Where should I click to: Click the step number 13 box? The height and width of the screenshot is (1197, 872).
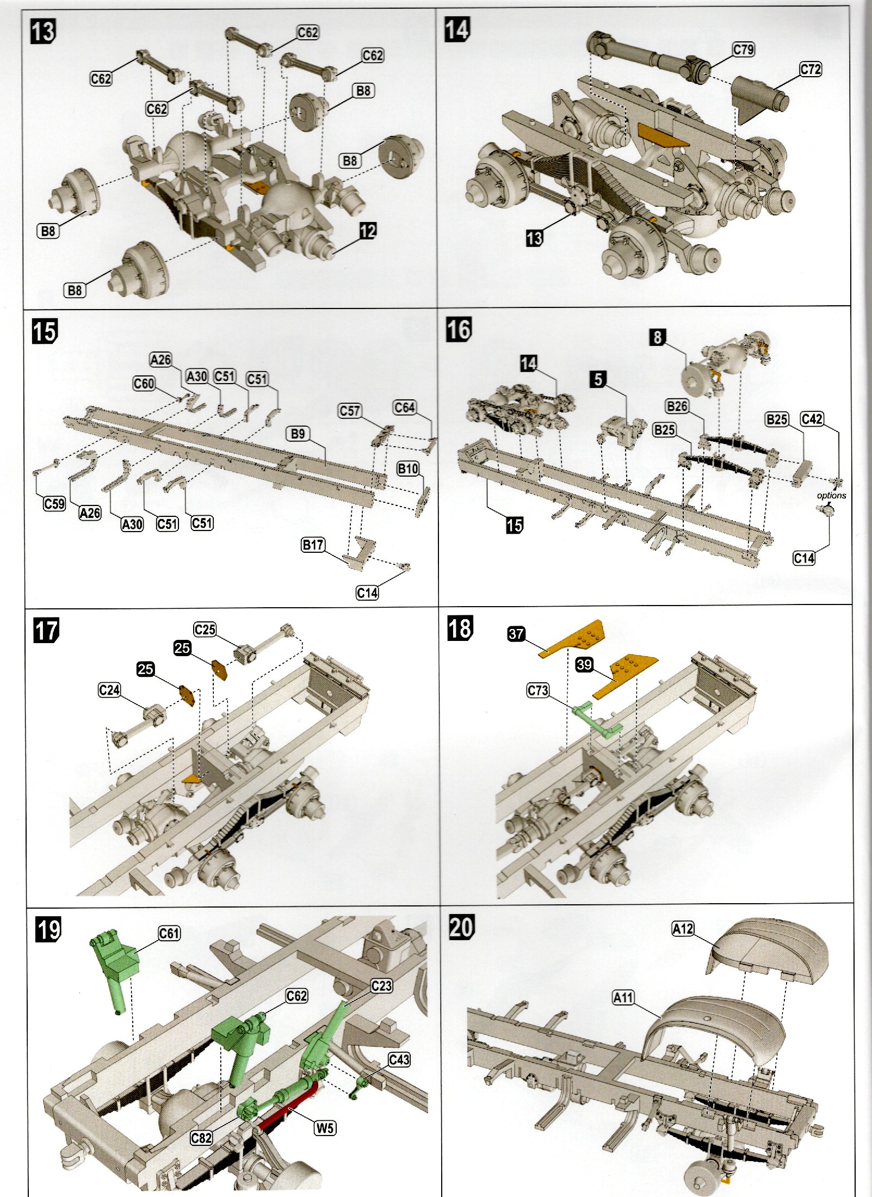(x=42, y=32)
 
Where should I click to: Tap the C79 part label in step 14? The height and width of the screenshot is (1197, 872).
(x=743, y=50)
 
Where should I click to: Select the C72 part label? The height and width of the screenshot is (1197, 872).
(x=810, y=70)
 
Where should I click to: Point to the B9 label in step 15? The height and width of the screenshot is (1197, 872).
(x=298, y=434)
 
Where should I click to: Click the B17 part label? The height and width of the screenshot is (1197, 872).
(x=313, y=545)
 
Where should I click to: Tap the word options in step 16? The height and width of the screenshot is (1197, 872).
(x=831, y=495)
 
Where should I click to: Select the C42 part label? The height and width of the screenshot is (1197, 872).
(x=812, y=419)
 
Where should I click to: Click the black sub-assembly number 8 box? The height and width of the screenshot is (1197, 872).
(x=658, y=337)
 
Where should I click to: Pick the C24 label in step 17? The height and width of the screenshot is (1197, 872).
(x=109, y=690)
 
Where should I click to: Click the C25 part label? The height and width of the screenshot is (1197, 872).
(x=205, y=630)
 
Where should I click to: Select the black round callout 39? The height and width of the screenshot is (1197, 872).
(x=584, y=664)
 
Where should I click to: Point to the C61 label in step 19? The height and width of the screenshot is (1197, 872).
(x=169, y=934)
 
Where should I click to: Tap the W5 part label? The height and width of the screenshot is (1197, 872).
(x=325, y=1128)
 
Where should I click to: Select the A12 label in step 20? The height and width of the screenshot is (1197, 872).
(x=683, y=928)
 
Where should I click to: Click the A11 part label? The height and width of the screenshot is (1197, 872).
(x=623, y=998)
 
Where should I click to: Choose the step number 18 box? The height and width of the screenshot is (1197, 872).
(x=460, y=628)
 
